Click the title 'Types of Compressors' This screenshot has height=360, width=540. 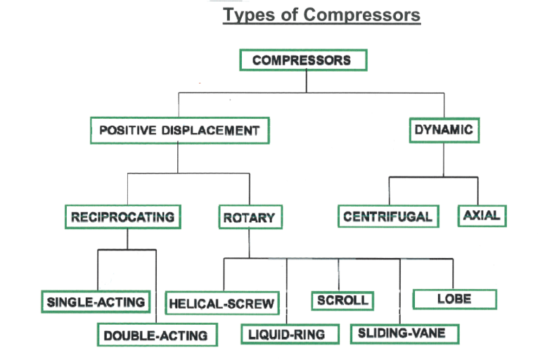(321, 15)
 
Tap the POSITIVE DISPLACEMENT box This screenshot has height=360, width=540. (179, 130)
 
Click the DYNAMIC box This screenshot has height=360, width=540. (443, 130)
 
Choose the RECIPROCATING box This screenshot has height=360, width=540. (122, 217)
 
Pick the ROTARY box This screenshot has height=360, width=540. (248, 218)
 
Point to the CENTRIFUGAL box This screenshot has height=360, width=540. (388, 217)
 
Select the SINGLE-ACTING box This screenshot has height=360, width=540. (96, 302)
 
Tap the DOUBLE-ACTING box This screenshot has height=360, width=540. (156, 335)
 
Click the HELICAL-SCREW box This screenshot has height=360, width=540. (221, 304)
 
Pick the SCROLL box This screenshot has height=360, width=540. (342, 300)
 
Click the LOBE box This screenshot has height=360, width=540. (454, 299)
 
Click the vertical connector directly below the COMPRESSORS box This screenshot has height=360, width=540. (306, 81)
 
